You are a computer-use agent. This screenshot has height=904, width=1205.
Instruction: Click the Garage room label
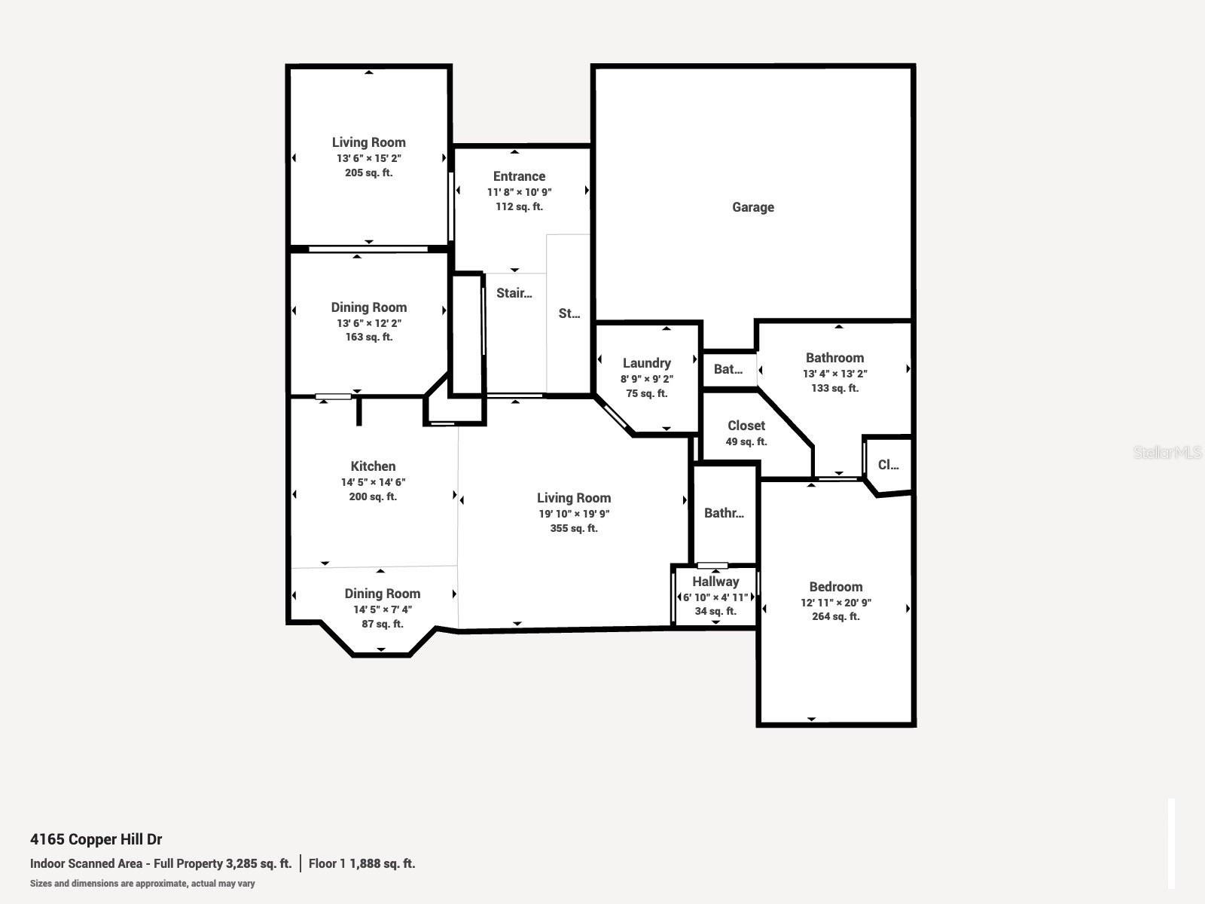752,207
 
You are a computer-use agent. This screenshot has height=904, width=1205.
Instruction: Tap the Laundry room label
646,363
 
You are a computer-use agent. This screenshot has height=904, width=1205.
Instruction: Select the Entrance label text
519,176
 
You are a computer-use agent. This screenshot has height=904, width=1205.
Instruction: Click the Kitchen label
373,466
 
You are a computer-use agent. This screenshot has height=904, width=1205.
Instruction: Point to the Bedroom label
835,587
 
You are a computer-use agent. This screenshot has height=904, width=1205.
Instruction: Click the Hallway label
715,582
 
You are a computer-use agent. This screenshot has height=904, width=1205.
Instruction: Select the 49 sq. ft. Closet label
746,426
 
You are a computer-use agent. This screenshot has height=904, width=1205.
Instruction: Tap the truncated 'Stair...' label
514,293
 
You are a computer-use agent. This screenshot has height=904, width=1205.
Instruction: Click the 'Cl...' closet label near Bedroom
888,465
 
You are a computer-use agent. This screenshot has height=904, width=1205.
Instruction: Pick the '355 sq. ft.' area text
573,529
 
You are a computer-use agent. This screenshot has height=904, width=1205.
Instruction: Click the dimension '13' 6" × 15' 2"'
368,158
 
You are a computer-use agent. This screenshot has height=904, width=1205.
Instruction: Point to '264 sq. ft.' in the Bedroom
835,616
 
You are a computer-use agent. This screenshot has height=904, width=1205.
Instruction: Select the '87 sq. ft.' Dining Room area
382,624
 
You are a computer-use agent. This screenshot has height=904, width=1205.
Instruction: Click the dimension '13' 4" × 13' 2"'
834,374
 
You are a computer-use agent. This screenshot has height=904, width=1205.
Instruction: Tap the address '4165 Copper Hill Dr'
96,839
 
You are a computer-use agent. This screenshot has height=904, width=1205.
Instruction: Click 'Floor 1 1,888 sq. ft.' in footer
361,863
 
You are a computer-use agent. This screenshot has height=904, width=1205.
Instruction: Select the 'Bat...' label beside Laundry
728,369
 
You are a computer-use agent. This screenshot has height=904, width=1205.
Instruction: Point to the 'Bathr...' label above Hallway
724,513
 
